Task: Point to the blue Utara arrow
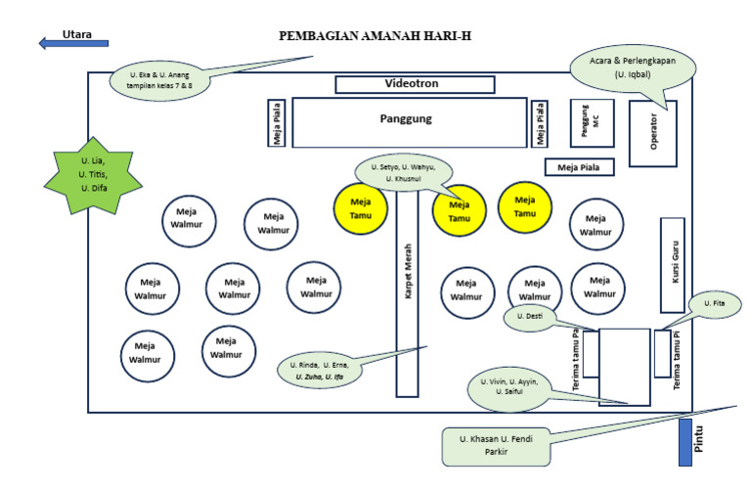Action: [x=73, y=43]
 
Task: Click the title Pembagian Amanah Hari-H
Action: [x=375, y=36]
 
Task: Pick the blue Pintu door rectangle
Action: [x=685, y=441]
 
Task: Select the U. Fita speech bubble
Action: [x=715, y=305]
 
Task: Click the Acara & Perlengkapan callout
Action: [x=633, y=67]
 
